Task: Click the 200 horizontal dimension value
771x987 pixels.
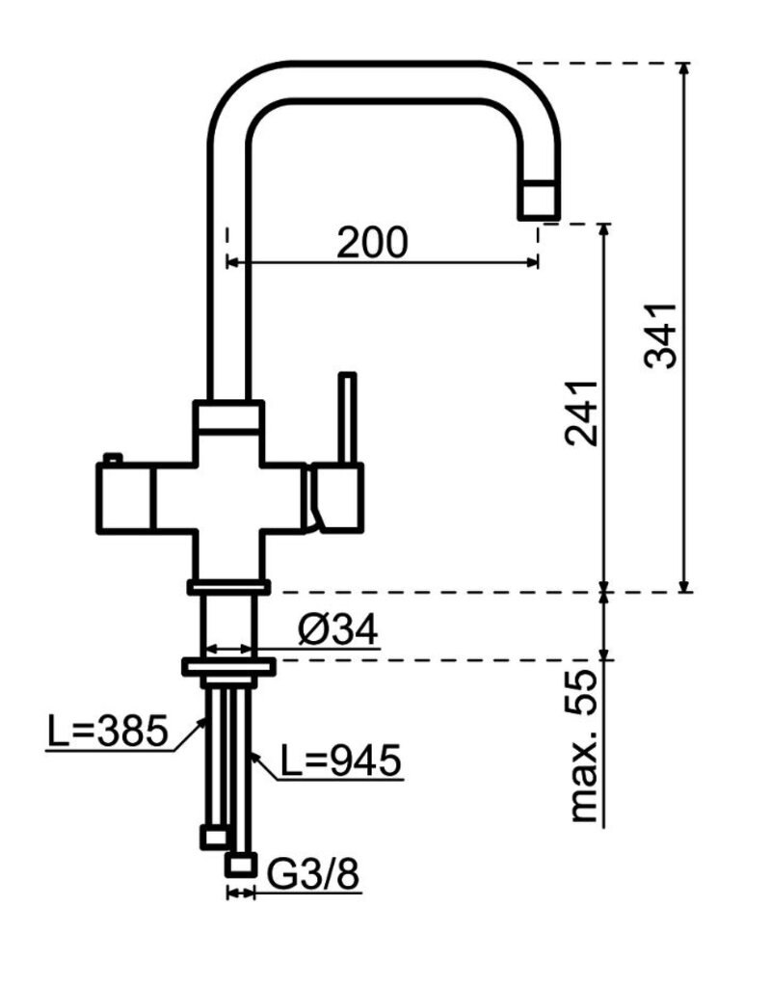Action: point(372,243)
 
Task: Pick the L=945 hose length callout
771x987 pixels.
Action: point(340,761)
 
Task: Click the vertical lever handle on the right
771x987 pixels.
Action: point(347,416)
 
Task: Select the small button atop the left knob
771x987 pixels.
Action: point(113,457)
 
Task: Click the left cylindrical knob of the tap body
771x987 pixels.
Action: point(123,496)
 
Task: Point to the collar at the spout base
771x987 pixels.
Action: point(227,417)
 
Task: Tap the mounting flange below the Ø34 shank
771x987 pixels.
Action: point(227,665)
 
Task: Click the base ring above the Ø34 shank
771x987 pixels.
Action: point(227,585)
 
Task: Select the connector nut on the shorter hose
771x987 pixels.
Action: point(213,836)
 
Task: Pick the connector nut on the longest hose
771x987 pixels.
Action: point(240,864)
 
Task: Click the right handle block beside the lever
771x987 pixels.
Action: point(337,495)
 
